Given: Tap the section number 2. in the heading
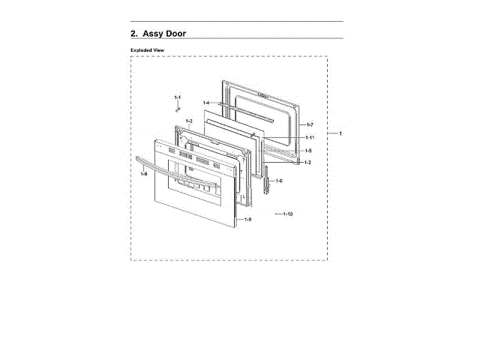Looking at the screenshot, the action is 134,33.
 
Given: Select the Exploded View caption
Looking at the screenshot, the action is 147,49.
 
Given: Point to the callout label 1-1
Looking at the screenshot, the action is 178,97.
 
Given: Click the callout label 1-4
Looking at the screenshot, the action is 205,103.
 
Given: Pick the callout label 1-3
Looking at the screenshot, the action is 189,121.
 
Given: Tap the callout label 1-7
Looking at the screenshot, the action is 310,124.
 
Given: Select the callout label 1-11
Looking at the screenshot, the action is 310,137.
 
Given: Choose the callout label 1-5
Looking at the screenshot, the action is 308,151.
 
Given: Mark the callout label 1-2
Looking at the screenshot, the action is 307,163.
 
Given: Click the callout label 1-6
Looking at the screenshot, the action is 278,181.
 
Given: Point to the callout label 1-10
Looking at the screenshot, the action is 287,214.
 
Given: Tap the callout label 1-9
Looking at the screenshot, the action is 247,219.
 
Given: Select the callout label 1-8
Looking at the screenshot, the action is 143,174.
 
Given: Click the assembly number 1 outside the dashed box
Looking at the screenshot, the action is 340,133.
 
